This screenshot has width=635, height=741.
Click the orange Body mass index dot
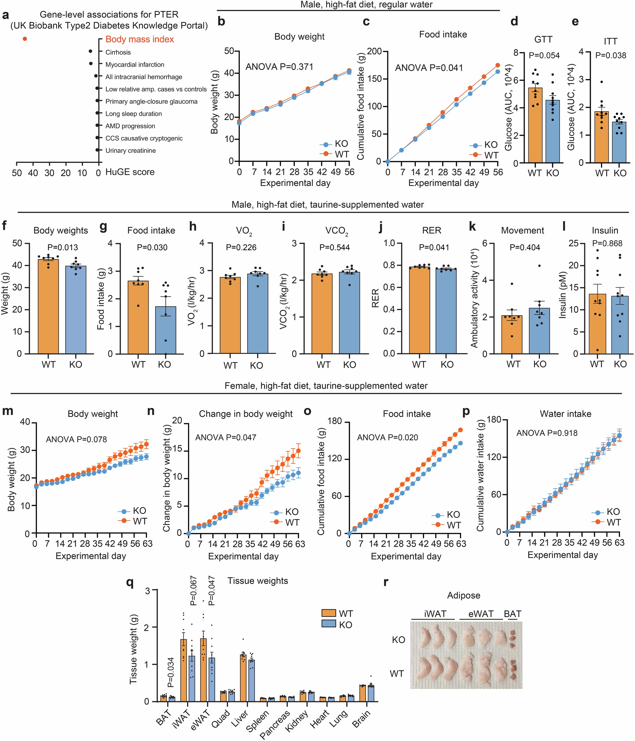pos(25,39)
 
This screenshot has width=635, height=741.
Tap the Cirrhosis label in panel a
pos(118,52)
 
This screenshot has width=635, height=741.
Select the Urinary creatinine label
pos(130,150)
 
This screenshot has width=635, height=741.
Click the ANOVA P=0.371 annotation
pos(279,67)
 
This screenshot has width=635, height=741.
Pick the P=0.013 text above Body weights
pos(62,248)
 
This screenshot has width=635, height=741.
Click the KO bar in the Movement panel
pos(539,331)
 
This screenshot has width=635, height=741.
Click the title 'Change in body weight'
pos(246,414)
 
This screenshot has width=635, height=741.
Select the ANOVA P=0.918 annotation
pos(547,433)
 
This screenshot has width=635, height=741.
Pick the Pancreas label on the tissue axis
pos(275,724)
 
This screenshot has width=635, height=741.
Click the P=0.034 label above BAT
pos(170,672)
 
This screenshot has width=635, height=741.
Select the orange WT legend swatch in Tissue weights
pos(328,613)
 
